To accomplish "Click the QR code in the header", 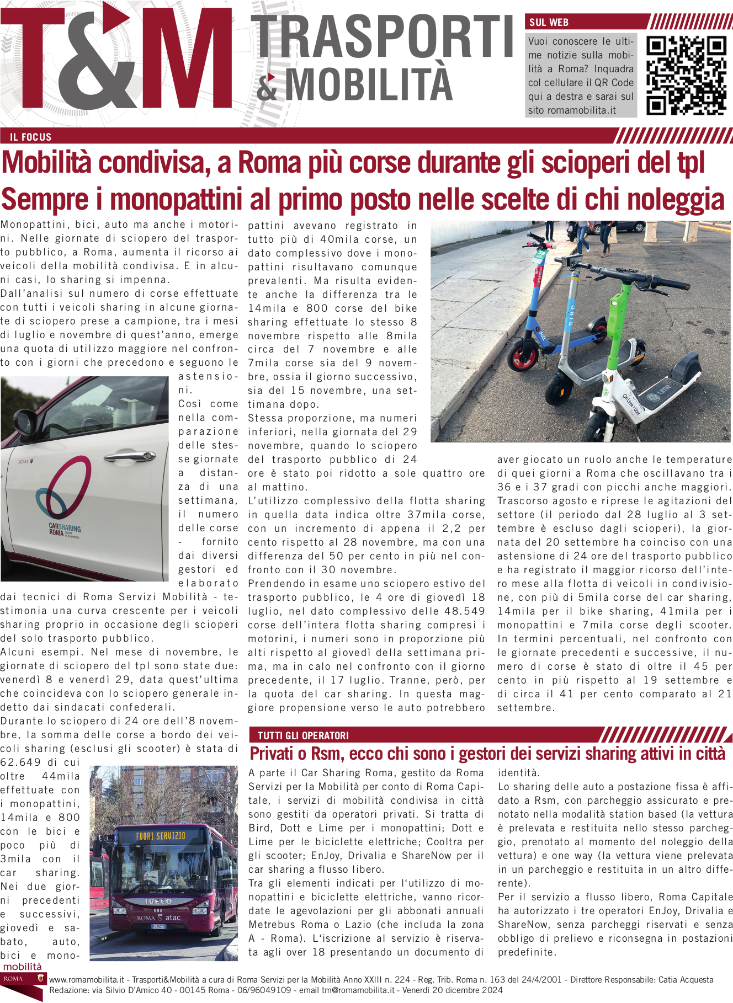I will click(x=686, y=76).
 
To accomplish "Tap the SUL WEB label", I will click(x=549, y=23).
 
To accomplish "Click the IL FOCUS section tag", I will click(x=31, y=137).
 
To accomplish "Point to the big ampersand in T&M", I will click(x=104, y=61).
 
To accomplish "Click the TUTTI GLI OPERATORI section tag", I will click(x=303, y=735).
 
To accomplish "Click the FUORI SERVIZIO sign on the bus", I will click(x=161, y=836).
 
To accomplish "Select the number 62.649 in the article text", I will click(x=20, y=762).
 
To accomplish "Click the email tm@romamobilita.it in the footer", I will click(x=358, y=990).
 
